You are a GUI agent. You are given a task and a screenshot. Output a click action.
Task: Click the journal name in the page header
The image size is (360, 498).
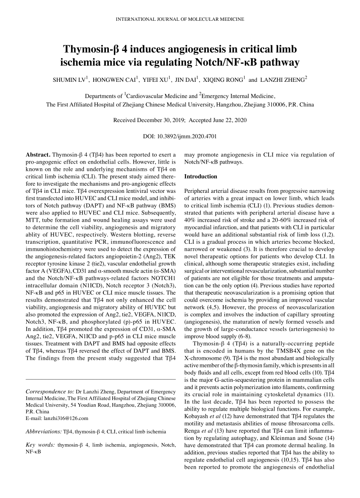coord(180,19)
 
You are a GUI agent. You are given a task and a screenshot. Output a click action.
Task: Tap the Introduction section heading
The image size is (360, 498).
coord(201,176)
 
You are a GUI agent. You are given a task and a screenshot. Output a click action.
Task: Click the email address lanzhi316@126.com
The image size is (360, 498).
coord(62,418)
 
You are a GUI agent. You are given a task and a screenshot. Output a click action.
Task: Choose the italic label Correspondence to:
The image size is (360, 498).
coord(50,392)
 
